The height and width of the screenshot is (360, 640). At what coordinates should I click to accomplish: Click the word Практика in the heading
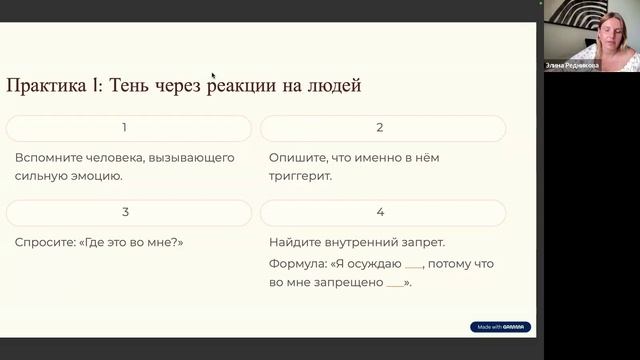[41, 86]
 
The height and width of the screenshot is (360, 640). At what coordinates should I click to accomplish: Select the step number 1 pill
[125, 128]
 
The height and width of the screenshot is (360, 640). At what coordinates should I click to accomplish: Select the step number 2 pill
[380, 128]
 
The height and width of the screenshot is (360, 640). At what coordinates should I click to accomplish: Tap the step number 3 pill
[125, 212]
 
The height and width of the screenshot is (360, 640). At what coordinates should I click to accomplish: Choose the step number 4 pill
[380, 212]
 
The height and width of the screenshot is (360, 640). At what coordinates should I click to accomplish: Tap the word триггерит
[299, 176]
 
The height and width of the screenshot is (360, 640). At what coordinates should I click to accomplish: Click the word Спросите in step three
[45, 242]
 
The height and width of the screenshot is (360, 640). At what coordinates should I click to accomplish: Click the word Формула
[297, 265]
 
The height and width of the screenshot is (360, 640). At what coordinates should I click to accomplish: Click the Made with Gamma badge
[500, 327]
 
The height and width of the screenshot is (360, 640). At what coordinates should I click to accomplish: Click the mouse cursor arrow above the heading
[213, 47]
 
